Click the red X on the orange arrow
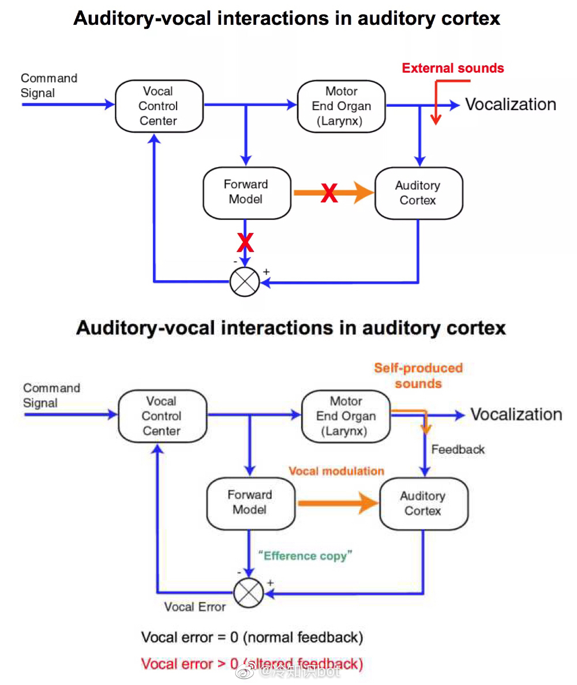pos(329,193)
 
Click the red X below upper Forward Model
pos(246,243)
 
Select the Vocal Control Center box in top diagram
pos(159,106)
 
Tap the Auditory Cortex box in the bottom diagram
pos(423,503)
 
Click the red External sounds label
pos(453,68)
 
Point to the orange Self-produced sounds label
pos(418,375)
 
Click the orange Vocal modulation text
pos(336,471)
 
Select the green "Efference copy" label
pos(306,556)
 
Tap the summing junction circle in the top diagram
pos(245,282)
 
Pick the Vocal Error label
pos(195,607)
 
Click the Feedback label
pos(458,449)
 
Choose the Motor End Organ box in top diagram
pos(342,106)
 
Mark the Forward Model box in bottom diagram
pos(250,502)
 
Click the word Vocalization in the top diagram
pos(511,104)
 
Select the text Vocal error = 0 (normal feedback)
pos(252,637)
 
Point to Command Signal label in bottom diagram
pos(51,396)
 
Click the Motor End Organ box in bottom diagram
pos(346,416)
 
